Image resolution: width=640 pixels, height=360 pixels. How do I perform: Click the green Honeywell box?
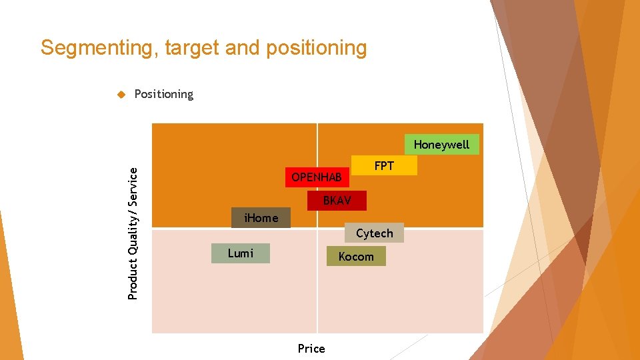tap(441, 145)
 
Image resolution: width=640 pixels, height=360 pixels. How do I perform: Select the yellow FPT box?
tap(384, 165)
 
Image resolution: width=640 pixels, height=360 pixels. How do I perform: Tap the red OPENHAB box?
tap(317, 177)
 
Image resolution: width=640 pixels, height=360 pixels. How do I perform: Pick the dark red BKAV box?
tap(337, 201)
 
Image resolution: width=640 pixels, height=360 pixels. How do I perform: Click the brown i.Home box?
tap(261, 218)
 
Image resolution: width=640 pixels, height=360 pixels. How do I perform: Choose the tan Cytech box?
tap(374, 233)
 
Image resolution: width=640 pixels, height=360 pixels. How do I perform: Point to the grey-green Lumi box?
tap(240, 253)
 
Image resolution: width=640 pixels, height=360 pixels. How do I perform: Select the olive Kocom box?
tap(356, 257)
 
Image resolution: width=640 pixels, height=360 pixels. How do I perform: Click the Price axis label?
tap(311, 349)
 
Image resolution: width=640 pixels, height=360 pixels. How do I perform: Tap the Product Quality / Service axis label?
tap(133, 233)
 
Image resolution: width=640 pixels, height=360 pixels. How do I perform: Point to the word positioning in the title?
tap(316, 48)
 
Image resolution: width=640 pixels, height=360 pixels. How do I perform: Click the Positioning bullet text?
tap(163, 94)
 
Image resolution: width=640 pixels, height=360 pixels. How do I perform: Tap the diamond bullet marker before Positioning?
tap(121, 94)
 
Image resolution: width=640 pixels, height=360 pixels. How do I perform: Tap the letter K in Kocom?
tap(342, 257)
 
